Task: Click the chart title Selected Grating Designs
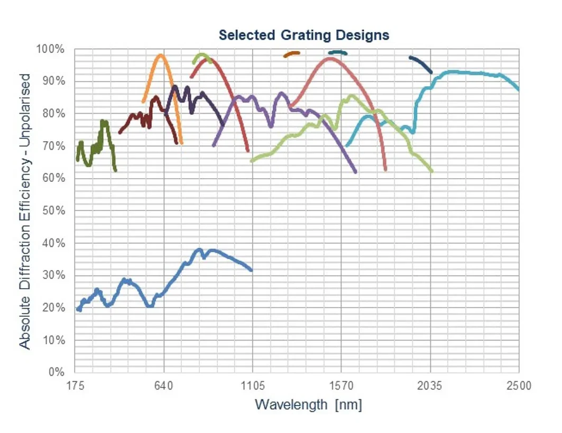[304, 35]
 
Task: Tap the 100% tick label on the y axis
[50, 49]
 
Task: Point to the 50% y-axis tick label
[53, 210]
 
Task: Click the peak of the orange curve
[161, 55]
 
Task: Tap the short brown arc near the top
[292, 53]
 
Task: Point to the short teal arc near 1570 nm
[338, 52]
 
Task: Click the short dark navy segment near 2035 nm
[421, 63]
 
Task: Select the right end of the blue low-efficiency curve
[251, 270]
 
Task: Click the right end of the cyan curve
[519, 89]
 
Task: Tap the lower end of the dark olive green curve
[115, 170]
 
